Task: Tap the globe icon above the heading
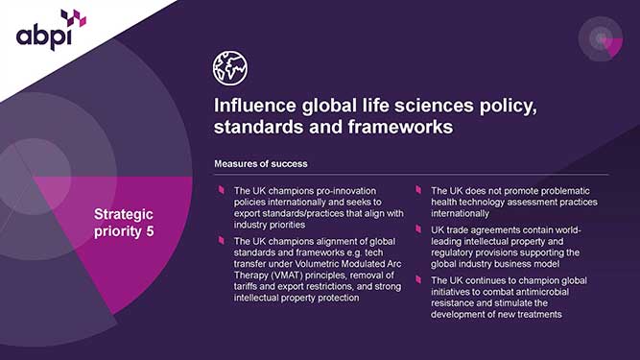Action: (x=229, y=67)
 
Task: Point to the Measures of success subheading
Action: (x=260, y=164)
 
